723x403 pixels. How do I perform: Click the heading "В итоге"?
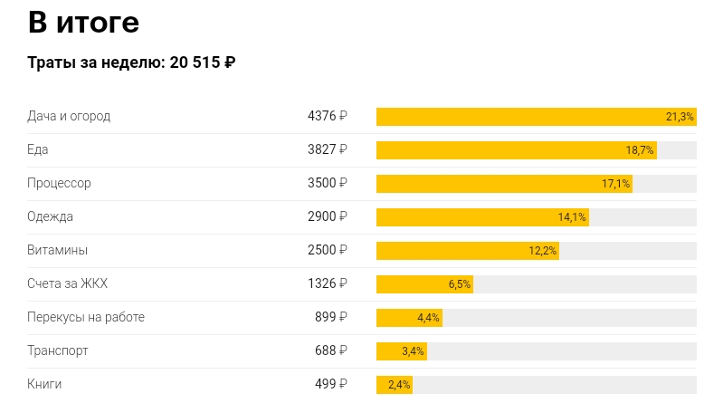tap(83, 22)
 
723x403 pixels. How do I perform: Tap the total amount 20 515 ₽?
tap(203, 63)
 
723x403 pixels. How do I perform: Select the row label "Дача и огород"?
tap(69, 116)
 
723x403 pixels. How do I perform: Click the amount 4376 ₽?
tap(327, 116)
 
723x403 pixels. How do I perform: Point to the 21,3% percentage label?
tap(679, 117)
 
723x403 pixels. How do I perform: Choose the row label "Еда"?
tap(38, 149)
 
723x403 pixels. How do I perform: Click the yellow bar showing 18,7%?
tap(516, 150)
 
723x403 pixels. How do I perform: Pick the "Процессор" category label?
tap(59, 183)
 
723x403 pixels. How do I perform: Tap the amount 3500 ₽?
tap(327, 183)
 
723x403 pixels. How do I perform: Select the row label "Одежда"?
tap(51, 216)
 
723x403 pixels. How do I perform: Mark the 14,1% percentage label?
tap(572, 217)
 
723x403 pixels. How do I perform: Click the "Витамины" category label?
tap(58, 250)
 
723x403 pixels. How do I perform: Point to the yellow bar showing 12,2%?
tap(467, 251)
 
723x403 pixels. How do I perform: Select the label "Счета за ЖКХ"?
tap(68, 283)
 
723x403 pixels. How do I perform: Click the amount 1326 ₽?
tap(327, 283)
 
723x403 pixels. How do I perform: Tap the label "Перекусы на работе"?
tap(86, 317)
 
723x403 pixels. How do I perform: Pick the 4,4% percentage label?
tap(428, 318)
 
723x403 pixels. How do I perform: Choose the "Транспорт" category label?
tap(58, 350)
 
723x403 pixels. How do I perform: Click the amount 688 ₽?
tap(331, 350)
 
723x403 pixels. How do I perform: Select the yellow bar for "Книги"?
tap(395, 385)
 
